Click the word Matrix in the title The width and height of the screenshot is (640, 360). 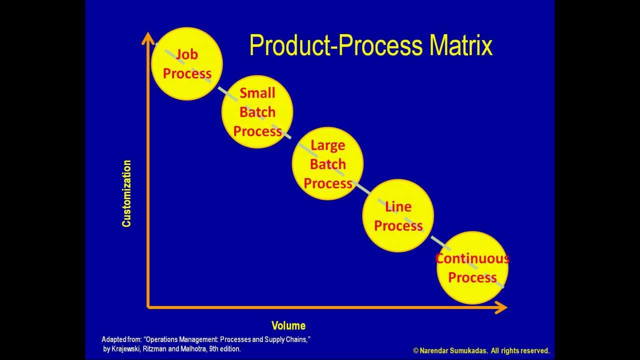pos(461,45)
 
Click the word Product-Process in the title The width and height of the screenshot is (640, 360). pos(335,45)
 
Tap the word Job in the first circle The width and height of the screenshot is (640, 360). pos(186,54)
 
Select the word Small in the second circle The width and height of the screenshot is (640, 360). pos(257,93)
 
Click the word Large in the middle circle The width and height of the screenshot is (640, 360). pos(327,145)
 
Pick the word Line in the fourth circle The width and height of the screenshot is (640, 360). pos(398,206)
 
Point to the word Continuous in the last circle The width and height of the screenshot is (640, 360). pos(472,258)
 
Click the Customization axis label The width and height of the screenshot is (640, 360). pos(126,193)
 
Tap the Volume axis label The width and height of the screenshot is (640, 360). pos(288,326)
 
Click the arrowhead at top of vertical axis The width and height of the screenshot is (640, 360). pos(148,38)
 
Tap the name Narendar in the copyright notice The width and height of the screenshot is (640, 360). pos(434,351)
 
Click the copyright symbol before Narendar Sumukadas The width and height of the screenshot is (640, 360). pos(416,351)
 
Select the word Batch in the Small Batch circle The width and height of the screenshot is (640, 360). pos(257,112)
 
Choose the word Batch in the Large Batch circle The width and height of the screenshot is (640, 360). pos(327,164)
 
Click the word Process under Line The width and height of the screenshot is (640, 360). pos(398,226)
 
